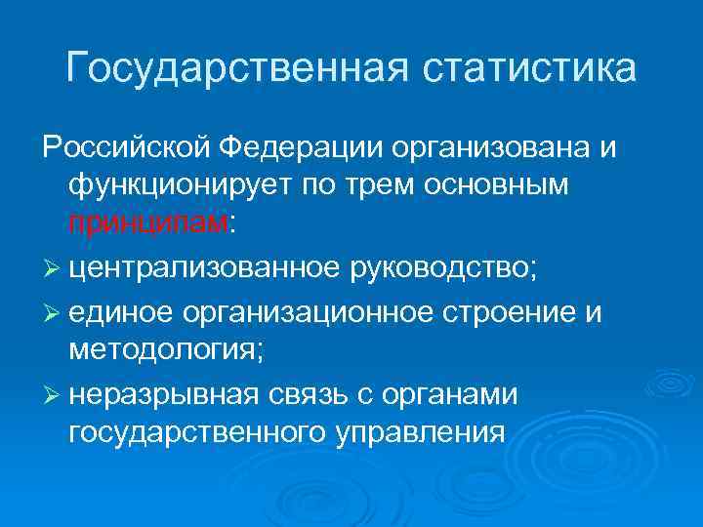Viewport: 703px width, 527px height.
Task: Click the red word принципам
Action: coord(147,223)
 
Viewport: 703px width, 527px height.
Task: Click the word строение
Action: coord(515,312)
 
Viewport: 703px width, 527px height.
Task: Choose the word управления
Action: coord(421,432)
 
